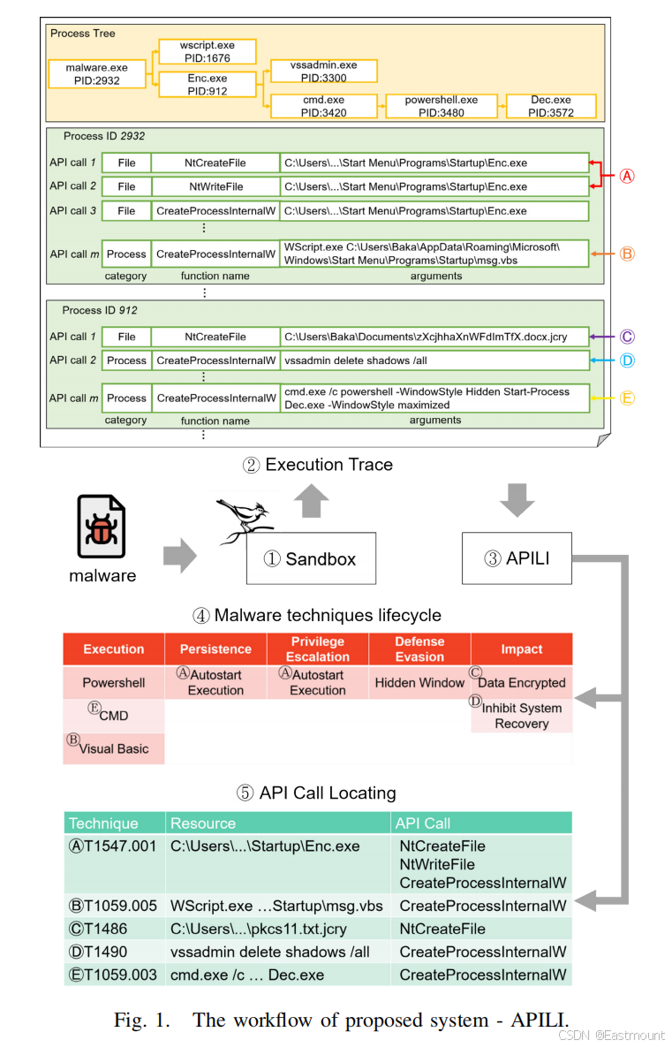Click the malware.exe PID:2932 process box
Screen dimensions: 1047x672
[x=97, y=73]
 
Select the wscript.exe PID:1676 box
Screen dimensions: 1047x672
[x=208, y=51]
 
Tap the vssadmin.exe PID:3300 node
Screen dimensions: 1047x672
[x=323, y=72]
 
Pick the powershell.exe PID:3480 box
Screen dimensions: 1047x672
[x=441, y=107]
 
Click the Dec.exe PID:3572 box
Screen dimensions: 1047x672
[x=550, y=107]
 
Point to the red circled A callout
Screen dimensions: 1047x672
[x=626, y=175]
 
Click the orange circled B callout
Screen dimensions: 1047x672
[x=626, y=254]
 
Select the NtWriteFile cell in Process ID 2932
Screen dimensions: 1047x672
[x=215, y=186]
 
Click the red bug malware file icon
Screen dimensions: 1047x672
[x=102, y=527]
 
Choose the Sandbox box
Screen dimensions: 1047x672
[x=311, y=558]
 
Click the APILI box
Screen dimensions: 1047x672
[x=517, y=558]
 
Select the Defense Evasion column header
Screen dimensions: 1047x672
[x=419, y=649]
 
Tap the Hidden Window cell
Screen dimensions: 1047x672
[x=419, y=682]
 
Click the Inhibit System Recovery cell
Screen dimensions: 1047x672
[x=521, y=716]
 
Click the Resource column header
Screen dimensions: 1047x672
[x=203, y=823]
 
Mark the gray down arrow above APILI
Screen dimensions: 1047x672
[x=517, y=499]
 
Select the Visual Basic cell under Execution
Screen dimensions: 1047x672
[x=114, y=748]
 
